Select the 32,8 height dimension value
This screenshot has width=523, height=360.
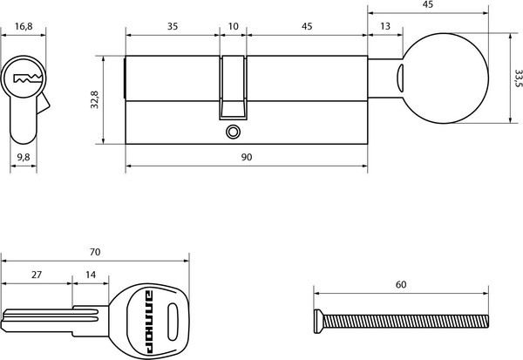tap(97, 103)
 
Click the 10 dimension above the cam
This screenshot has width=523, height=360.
tap(233, 26)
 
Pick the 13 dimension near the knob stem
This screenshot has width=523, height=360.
tap(385, 26)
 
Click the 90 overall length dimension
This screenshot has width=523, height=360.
tap(246, 157)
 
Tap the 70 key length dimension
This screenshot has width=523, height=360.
tap(95, 251)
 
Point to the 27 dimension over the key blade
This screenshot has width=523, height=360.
tap(37, 274)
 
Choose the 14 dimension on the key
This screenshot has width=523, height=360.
tap(91, 274)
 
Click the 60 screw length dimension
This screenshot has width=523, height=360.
tap(400, 285)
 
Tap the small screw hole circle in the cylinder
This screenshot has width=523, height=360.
tap(231, 132)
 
